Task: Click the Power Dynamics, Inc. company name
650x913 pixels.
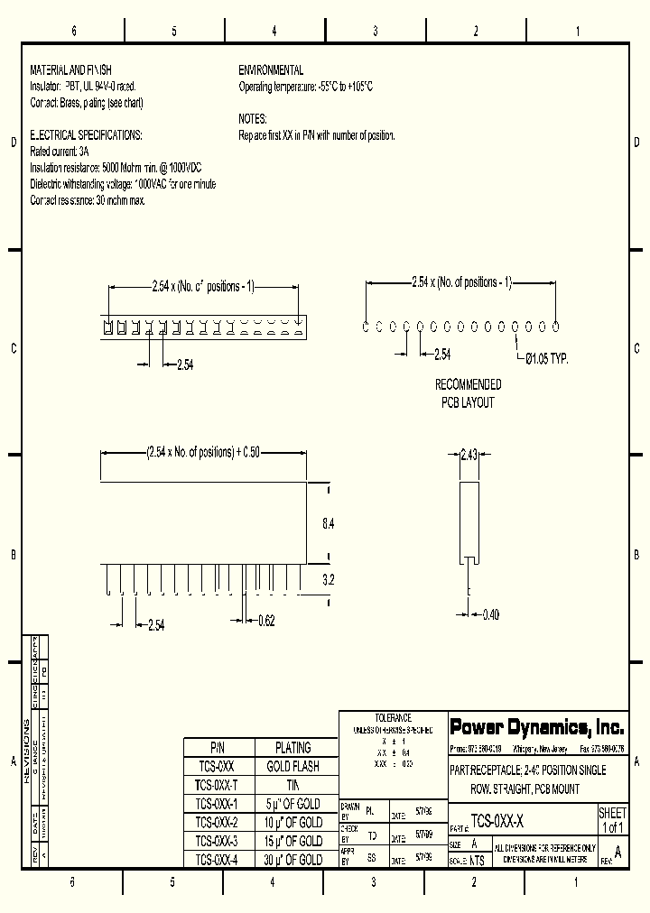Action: tap(536, 727)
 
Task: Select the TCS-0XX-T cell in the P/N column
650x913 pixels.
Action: tap(217, 785)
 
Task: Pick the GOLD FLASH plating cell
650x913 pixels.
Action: tap(292, 766)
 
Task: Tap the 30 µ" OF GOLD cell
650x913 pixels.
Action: tap(292, 860)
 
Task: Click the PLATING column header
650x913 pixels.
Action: tap(292, 747)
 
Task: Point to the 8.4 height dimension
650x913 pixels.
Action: tap(329, 522)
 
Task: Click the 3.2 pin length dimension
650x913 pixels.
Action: tap(329, 580)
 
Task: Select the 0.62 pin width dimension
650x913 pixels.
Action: tap(266, 620)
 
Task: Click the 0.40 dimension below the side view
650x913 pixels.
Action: tap(490, 614)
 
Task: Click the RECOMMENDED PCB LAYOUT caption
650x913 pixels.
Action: tap(468, 393)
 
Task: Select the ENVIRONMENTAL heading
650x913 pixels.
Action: tap(271, 70)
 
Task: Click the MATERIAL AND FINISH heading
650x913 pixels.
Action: tap(71, 70)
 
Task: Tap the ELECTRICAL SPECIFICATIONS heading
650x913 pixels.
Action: tap(87, 135)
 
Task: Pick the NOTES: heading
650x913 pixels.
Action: tap(253, 119)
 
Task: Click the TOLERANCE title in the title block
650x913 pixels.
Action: tap(393, 718)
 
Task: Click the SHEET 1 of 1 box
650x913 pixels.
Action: tap(612, 820)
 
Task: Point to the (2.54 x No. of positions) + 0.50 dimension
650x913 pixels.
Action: tap(202, 452)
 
